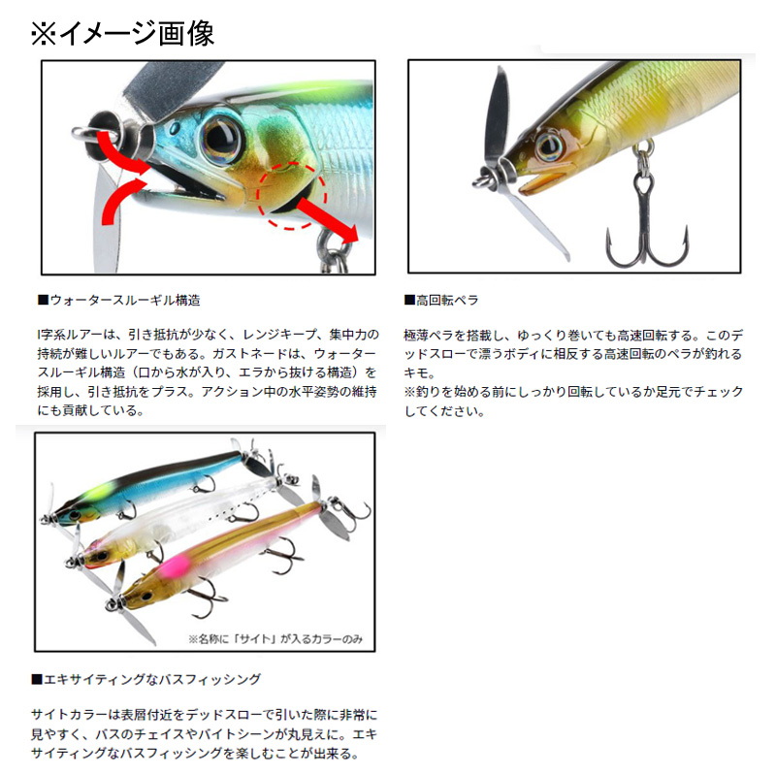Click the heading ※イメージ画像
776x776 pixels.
tap(122, 34)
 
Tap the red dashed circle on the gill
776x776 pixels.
tap(292, 196)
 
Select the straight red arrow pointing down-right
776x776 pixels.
tap(327, 219)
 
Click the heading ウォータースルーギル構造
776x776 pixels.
tap(119, 300)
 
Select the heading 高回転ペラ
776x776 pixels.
tap(441, 300)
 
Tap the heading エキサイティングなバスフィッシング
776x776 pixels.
tap(146, 679)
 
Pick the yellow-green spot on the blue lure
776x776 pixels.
tap(102, 492)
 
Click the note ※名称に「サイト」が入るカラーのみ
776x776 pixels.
tap(275, 639)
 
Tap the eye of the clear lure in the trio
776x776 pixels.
tap(101, 556)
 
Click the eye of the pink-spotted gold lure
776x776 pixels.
tap(146, 596)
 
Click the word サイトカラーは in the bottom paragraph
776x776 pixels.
tap(69, 715)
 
